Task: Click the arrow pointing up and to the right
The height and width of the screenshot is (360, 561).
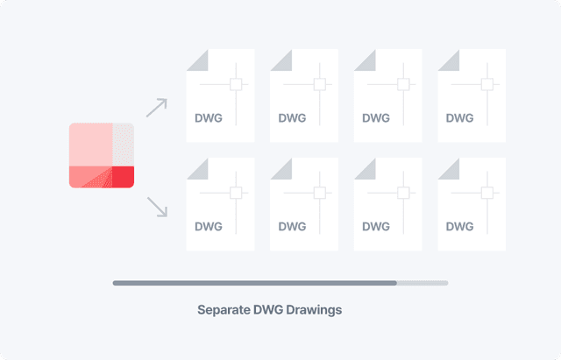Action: pyautogui.click(x=155, y=108)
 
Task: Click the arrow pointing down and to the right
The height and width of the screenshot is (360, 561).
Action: pyautogui.click(x=156, y=207)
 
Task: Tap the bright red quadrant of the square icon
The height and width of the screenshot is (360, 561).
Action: pyautogui.click(x=123, y=176)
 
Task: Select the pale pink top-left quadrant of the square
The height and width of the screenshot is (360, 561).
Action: pyautogui.click(x=90, y=144)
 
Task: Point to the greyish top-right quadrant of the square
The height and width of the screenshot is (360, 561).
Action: pyautogui.click(x=123, y=144)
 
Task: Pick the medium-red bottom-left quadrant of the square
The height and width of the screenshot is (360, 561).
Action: pyautogui.click(x=90, y=176)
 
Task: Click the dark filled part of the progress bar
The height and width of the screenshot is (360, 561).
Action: pyautogui.click(x=254, y=283)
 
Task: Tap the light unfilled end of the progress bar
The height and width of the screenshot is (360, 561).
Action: pyautogui.click(x=423, y=283)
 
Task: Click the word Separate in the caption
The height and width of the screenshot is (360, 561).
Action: pyautogui.click(x=223, y=310)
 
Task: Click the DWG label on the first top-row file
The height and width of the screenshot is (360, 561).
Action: pyautogui.click(x=208, y=117)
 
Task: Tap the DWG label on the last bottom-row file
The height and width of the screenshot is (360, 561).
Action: pyautogui.click(x=459, y=226)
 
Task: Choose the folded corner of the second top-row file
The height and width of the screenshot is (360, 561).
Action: pyautogui.click(x=280, y=59)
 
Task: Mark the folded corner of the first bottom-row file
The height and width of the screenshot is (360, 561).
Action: pyautogui.click(x=196, y=167)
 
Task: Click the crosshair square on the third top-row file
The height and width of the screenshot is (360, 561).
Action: pyautogui.click(x=403, y=84)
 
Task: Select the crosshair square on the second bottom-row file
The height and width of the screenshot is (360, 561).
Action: pyautogui.click(x=319, y=193)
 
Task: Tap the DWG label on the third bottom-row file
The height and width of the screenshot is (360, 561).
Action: pyautogui.click(x=375, y=226)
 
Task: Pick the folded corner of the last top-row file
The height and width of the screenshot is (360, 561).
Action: pyautogui.click(x=448, y=59)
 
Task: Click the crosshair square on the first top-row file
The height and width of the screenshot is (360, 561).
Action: pyautogui.click(x=235, y=84)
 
